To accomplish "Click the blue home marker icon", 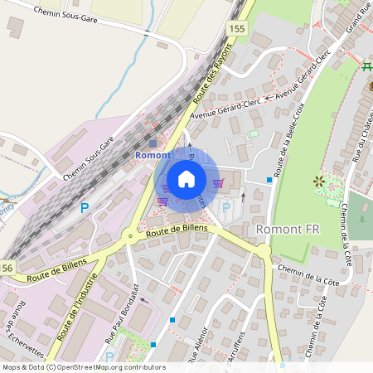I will pos(186,179).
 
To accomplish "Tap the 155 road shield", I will pos(238,28).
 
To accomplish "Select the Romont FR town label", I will pos(288,228).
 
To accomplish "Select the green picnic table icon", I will pos(368,66).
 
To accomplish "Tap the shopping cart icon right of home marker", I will pos(218,182).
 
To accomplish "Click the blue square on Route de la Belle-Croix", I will pos(269,179).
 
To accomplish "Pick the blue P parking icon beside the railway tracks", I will pos(84,207).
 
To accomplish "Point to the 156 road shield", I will pos(7,267).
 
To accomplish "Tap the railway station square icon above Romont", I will pos(152,143).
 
